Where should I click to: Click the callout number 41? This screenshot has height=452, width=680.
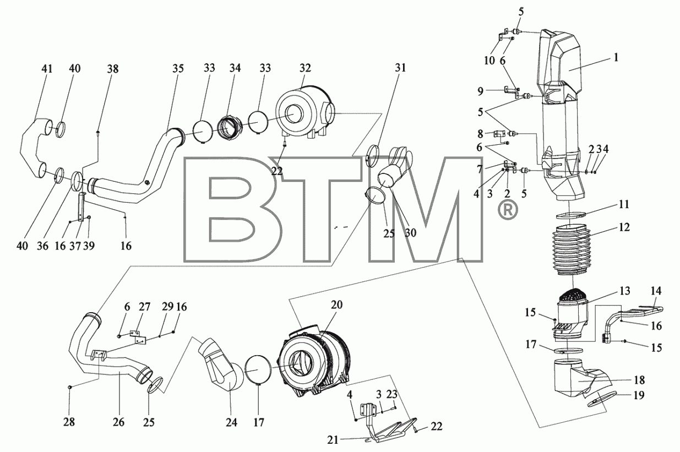click(47, 69)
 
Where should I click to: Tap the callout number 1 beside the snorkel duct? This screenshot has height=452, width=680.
click(616, 57)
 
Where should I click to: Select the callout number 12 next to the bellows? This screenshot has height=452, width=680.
click(624, 227)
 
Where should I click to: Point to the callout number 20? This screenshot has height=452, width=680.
click(336, 304)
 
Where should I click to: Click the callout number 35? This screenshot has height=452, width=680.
click(178, 68)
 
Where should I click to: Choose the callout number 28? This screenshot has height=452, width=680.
click(69, 422)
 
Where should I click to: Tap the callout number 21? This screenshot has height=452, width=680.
click(333, 440)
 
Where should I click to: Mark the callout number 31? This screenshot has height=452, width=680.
click(400, 67)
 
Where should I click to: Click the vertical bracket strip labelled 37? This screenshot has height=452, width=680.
click(81, 208)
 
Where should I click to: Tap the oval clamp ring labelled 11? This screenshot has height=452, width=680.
click(571, 215)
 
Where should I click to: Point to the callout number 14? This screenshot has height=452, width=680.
click(656, 291)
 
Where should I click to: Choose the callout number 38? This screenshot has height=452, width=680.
click(113, 69)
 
